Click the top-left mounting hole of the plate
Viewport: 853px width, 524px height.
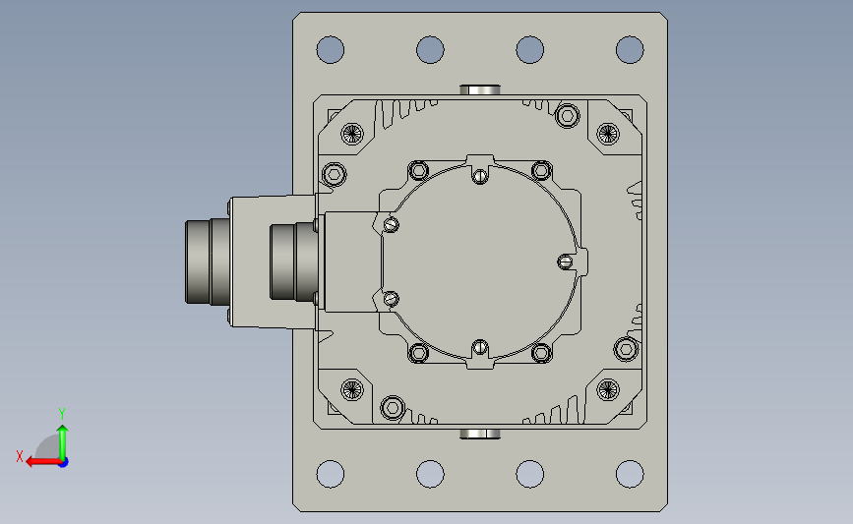(331, 49)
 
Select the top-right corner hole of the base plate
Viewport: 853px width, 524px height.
(630, 49)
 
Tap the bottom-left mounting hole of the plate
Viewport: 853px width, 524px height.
(331, 474)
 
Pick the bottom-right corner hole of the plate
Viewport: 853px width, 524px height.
(630, 474)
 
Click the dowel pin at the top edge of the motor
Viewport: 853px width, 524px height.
(480, 89)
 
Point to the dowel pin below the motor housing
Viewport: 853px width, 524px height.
(480, 434)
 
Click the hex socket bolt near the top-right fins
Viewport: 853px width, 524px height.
(568, 116)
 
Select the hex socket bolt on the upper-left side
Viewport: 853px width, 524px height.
(335, 174)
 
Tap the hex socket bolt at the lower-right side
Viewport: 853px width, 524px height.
(626, 348)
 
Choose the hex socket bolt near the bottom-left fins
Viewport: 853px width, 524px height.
(393, 407)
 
